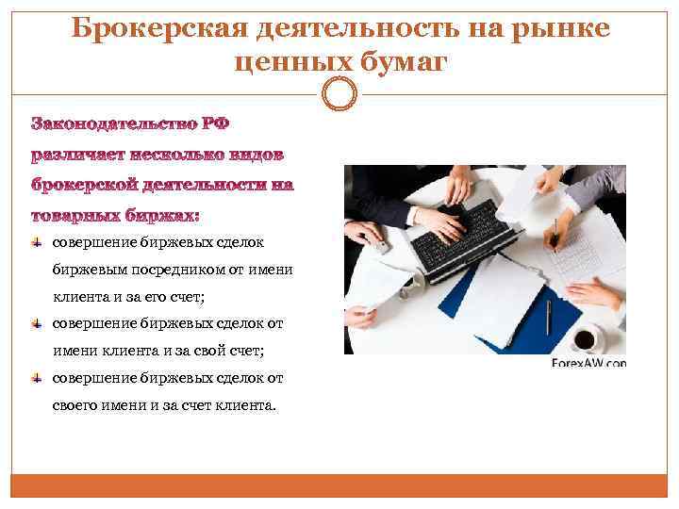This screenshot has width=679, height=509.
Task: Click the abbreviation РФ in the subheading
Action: pos(215,124)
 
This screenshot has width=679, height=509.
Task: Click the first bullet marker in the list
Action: pos(37,243)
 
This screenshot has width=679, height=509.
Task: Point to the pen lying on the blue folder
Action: pos(547,316)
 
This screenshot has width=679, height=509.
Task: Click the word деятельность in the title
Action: pos(359,28)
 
